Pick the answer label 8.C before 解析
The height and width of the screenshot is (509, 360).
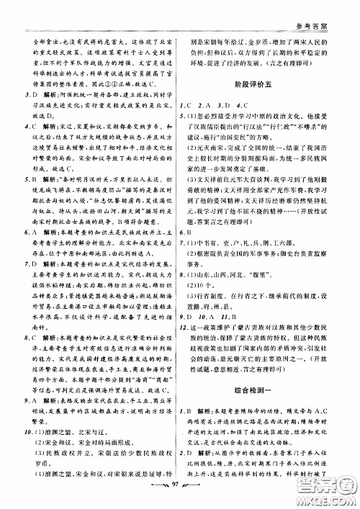tap(31, 354)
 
